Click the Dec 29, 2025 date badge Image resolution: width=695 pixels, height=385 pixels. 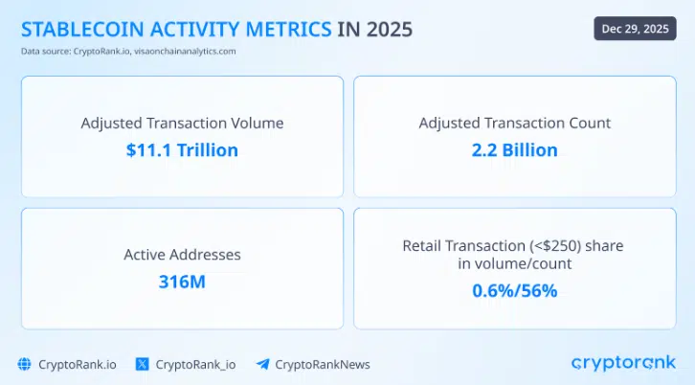click(636, 28)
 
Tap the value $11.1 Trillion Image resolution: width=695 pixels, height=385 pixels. click(182, 149)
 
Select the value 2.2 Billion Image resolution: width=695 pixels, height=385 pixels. click(514, 149)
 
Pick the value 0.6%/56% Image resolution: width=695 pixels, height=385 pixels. click(514, 290)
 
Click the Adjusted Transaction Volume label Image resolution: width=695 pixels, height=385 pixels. click(182, 124)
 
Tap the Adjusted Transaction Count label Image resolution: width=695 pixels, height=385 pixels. click(514, 124)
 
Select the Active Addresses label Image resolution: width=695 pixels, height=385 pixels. click(182, 255)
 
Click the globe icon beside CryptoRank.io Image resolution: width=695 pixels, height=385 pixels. click(25, 364)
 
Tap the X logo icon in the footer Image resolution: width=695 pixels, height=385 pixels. click(143, 364)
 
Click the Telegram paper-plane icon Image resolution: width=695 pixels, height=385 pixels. click(261, 364)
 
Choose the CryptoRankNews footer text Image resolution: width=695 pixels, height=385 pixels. click(322, 364)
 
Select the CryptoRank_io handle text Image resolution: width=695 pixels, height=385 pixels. click(195, 364)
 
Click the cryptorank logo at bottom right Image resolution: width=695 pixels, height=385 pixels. click(623, 363)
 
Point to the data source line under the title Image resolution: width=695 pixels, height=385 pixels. click(128, 51)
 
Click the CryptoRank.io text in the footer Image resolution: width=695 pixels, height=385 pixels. click(77, 364)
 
